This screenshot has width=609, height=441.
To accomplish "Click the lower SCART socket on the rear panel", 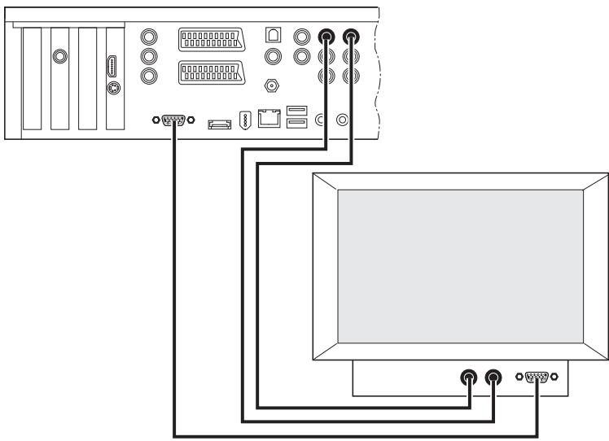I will click(x=211, y=72).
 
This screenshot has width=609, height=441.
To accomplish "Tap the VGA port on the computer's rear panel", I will click(x=173, y=120).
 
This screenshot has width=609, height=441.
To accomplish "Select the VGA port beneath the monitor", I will click(x=537, y=378).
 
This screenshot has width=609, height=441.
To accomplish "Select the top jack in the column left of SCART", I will click(x=148, y=37).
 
